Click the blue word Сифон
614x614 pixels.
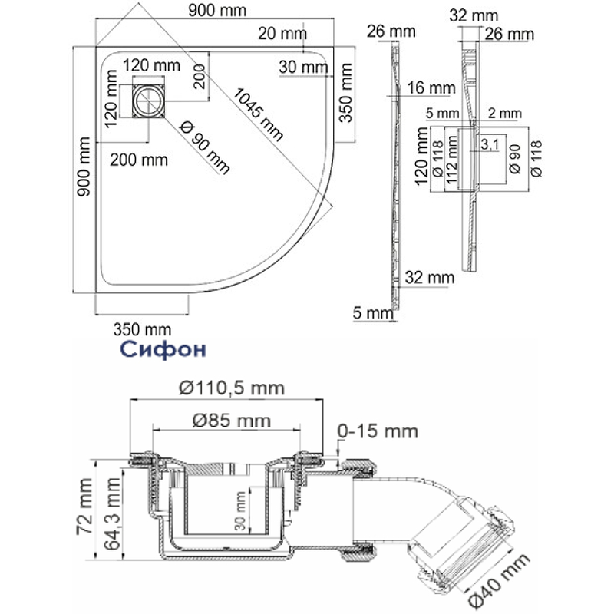(163, 349)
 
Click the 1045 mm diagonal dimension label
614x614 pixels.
(258, 114)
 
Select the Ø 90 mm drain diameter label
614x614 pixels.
(204, 147)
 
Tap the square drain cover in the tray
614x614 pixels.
(148, 101)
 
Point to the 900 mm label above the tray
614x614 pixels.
(217, 11)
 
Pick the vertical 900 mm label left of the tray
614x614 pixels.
(84, 167)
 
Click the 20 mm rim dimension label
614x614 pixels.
(282, 34)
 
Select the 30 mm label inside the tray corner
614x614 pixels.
(303, 68)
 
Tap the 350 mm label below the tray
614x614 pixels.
(142, 330)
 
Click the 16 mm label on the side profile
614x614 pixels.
(431, 88)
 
